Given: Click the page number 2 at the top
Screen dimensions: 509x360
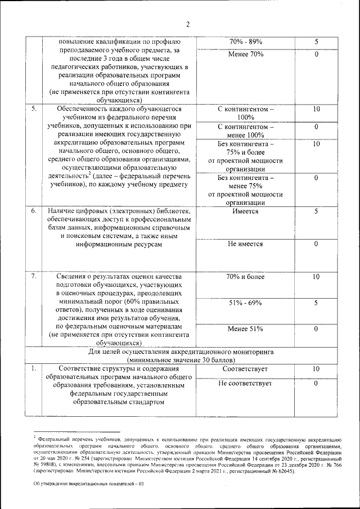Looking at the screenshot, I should [x=188, y=24].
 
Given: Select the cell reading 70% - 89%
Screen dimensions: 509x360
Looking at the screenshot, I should [x=245, y=42].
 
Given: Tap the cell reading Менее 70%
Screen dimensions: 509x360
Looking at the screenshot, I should [x=245, y=55].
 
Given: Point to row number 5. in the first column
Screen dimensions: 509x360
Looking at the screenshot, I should [x=34, y=109].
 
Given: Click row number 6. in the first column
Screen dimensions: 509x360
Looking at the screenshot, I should [x=34, y=211].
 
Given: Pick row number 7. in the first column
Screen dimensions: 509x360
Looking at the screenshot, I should [x=34, y=277].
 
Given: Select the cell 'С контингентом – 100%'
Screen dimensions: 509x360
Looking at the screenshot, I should [x=245, y=113].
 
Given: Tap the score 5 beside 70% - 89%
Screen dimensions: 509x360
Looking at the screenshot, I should [x=317, y=42].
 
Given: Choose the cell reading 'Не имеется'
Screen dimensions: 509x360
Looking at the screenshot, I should [x=245, y=244].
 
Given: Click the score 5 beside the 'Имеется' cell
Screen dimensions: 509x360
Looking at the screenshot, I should [x=317, y=211].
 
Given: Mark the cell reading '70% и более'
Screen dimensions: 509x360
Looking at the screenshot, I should [x=245, y=277].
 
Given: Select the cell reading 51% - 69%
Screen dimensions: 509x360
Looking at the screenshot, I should [x=245, y=303].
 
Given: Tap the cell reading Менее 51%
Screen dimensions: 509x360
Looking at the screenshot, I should [x=245, y=329].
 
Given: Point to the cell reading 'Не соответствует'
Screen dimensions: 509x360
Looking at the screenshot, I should [x=245, y=383].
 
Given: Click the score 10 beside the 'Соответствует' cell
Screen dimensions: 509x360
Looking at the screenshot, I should [x=317, y=369].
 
